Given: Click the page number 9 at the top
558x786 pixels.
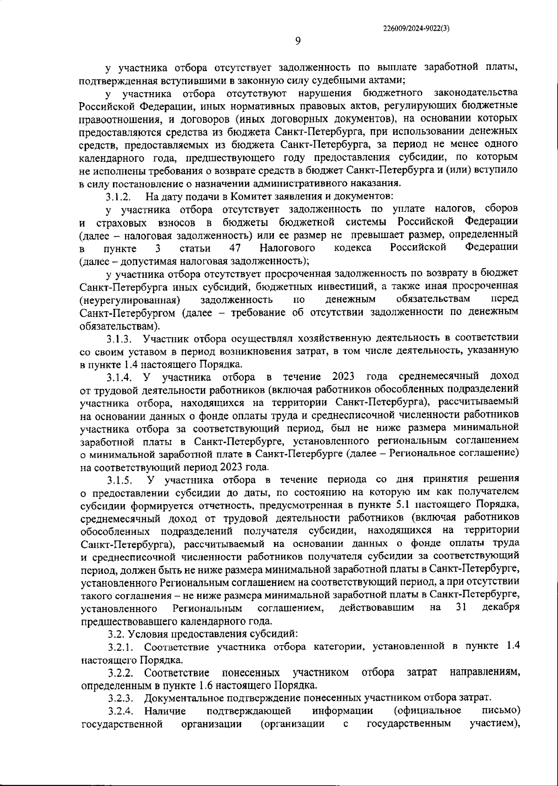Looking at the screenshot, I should coord(298,41).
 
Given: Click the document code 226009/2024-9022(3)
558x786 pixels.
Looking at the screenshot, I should coord(416,28).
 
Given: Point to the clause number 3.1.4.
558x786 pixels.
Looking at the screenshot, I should coord(120,376).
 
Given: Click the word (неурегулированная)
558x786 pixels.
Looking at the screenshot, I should coord(130,299).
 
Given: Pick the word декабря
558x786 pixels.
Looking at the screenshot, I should coord(501,608).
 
